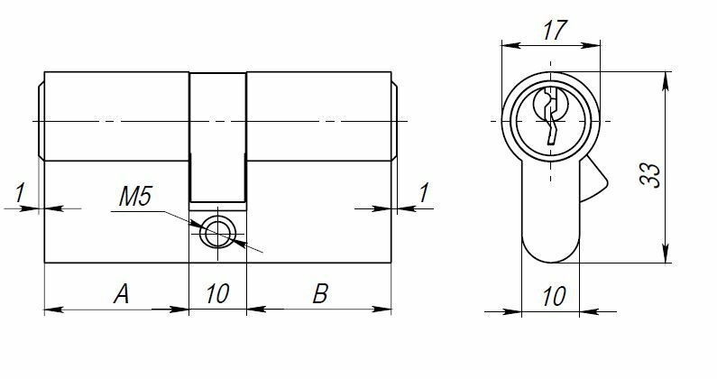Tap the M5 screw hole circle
[216, 234]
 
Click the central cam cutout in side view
[217, 135]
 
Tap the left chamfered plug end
[40, 120]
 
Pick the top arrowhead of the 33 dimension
[666, 79]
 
